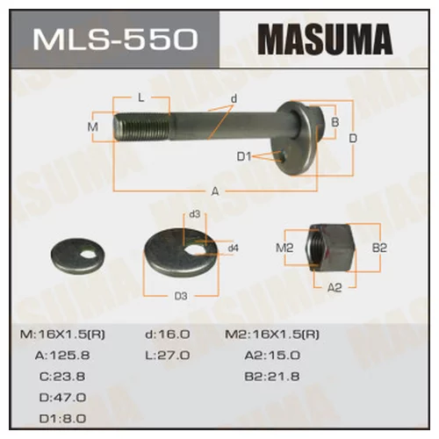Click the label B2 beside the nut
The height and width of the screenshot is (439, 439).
[379, 248]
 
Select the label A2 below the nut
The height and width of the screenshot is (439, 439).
[335, 287]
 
